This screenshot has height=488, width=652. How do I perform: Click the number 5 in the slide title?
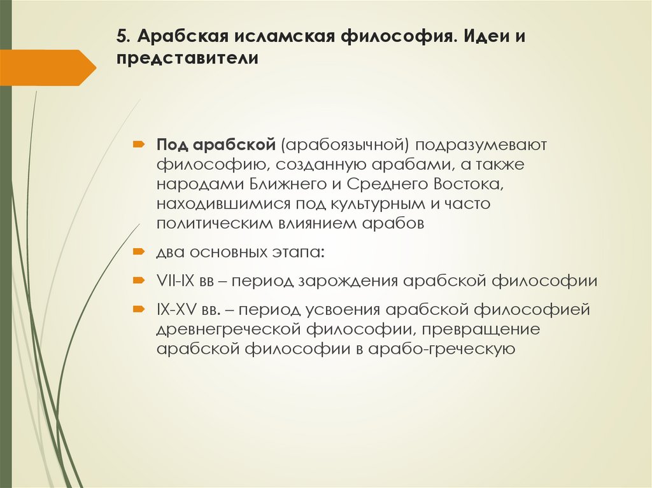click(x=120, y=36)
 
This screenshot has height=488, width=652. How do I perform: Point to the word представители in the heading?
click(x=187, y=59)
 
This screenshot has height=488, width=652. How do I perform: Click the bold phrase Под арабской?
click(x=215, y=144)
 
